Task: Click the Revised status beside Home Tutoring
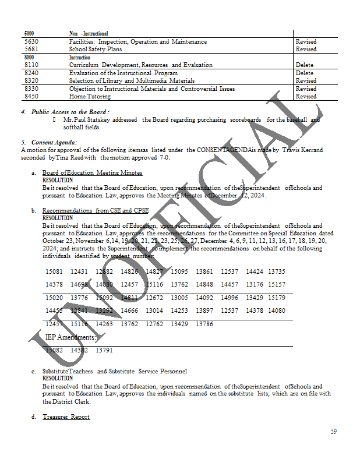[306, 97]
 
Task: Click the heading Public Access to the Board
[70, 111]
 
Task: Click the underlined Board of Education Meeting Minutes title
[92, 173]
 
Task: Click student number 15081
[54, 272]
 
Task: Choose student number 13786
[204, 324]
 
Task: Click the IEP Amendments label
[71, 337]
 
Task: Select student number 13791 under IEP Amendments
[104, 351]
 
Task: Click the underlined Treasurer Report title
[66, 417]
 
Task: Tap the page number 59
[334, 432]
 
